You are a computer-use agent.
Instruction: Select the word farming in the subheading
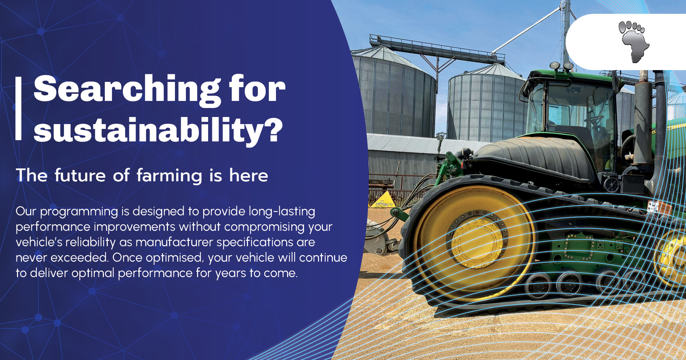[x=169, y=175]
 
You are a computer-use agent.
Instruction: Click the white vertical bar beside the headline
[x=19, y=109]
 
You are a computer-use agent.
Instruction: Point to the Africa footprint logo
[x=631, y=41]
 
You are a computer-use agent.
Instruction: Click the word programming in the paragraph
[x=79, y=212]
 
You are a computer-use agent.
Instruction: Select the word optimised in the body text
[x=174, y=258]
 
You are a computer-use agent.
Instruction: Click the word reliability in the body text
[x=90, y=242]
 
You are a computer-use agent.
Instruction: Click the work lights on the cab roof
[x=561, y=66]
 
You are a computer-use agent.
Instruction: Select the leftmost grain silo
[x=394, y=93]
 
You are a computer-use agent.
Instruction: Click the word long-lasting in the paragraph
[x=282, y=212]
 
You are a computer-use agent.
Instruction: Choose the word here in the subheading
[x=248, y=175]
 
